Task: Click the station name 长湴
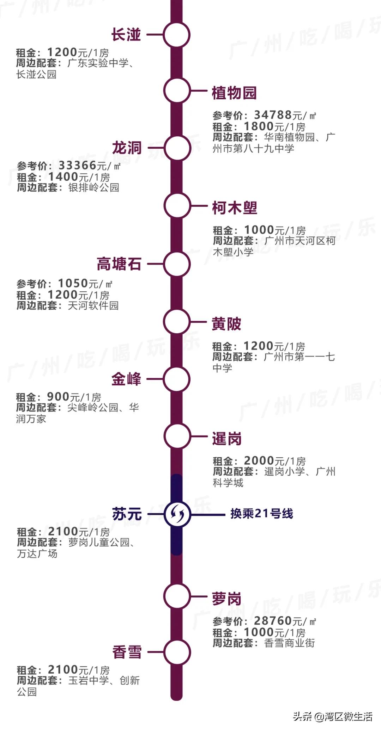tap(126, 35)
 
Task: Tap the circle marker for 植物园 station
tap(177, 91)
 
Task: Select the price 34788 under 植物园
tap(273, 115)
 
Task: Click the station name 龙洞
tap(127, 148)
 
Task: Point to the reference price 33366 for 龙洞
tap(78, 165)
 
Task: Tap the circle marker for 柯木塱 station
tap(177, 206)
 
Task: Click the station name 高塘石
tap(119, 264)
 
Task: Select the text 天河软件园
tap(93, 305)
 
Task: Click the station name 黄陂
tap(226, 324)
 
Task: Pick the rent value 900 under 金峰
tap(58, 397)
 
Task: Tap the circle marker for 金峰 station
tap(177, 379)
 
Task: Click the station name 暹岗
tap(227, 439)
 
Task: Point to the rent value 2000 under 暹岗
tap(259, 460)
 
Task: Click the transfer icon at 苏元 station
tap(177, 514)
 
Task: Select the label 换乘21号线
tap(262, 514)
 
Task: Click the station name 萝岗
tap(227, 599)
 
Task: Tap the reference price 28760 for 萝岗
tap(273, 621)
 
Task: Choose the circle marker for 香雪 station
tap(177, 652)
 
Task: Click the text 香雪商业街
tap(289, 643)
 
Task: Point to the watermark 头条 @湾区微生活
tap(332, 716)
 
